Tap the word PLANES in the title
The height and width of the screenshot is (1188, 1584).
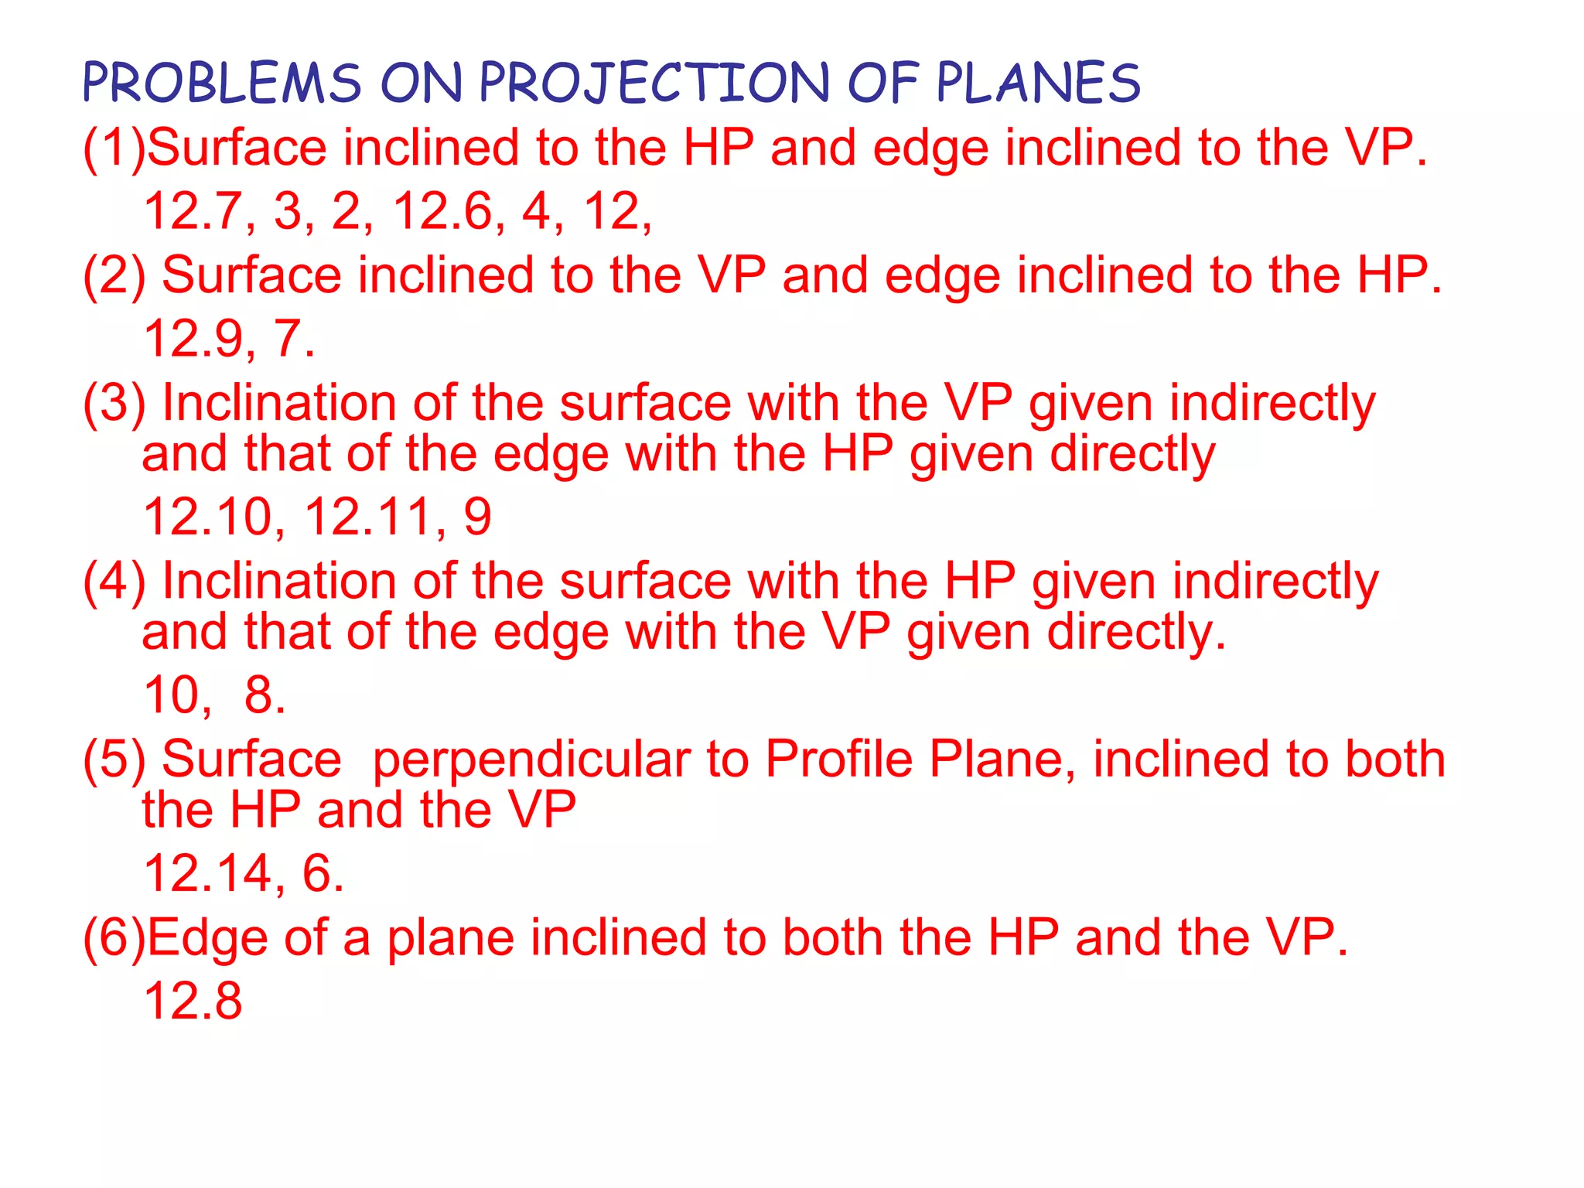coord(1039,83)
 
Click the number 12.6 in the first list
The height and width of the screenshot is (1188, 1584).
coord(443,210)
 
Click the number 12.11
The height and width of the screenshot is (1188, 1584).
coord(370,517)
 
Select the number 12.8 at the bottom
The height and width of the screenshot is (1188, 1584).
coord(193,1001)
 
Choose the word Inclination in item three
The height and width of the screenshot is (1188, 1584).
coord(278,403)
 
